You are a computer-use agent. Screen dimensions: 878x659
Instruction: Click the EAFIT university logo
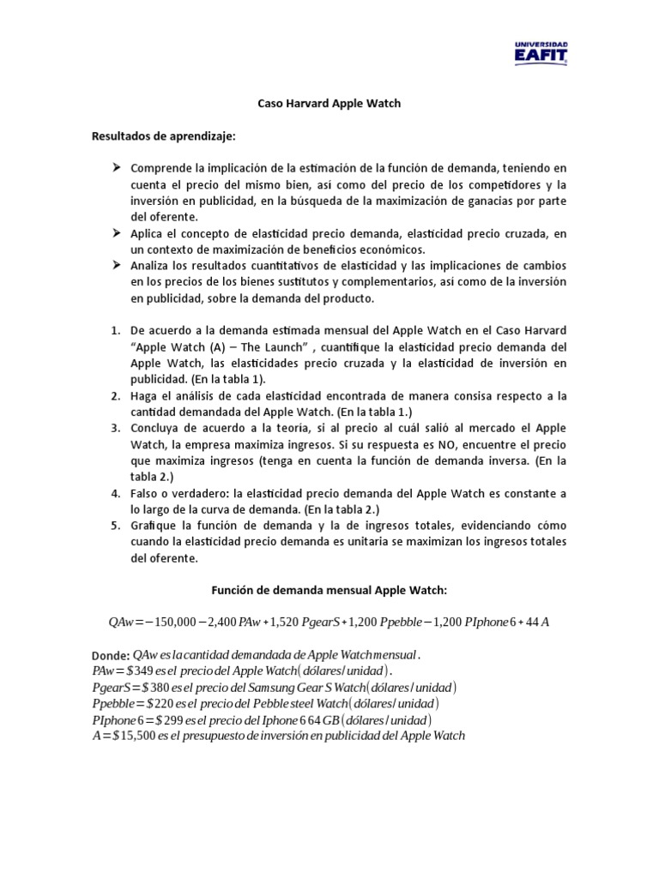pos(540,51)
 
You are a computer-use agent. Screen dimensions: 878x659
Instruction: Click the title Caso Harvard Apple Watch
pos(329,104)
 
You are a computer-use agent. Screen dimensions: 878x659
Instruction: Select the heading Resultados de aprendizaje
pos(163,136)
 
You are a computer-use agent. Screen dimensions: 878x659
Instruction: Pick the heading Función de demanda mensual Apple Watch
pos(329,590)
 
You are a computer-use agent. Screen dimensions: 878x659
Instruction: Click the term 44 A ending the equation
pos(536,622)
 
